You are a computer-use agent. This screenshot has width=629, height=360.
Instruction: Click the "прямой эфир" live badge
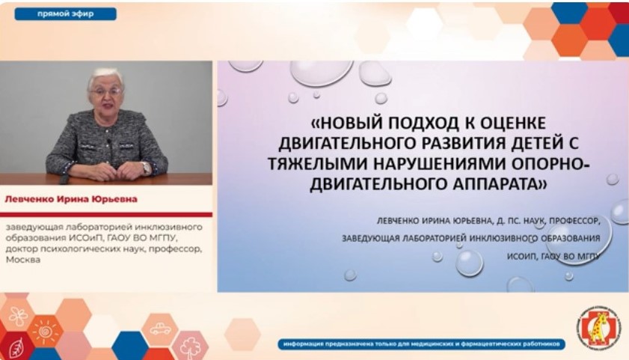coord(65,14)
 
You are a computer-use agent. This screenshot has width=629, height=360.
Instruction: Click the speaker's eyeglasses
coord(106,91)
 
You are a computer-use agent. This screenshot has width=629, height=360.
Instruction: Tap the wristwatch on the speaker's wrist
coord(146,167)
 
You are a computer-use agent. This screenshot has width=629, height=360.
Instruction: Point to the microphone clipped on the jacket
coord(108,142)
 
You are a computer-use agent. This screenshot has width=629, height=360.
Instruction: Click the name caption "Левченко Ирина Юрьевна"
coord(71,199)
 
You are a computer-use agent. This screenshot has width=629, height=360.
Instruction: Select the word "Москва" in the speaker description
coord(23,260)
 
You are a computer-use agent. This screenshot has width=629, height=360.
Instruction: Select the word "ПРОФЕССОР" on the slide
coord(574,221)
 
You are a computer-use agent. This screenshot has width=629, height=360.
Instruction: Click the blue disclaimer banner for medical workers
coord(422,344)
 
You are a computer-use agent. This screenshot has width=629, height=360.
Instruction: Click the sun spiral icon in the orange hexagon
coord(45,331)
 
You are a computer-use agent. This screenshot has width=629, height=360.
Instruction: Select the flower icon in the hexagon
coord(18,317)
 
